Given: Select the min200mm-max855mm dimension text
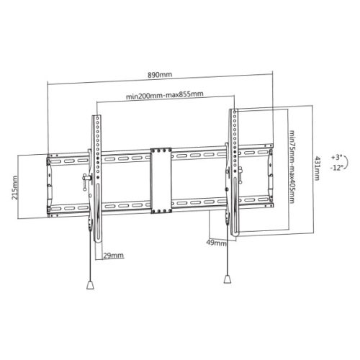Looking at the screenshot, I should click(x=164, y=95).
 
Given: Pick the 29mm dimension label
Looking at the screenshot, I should click(x=112, y=256).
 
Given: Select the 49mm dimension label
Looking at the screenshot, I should click(x=215, y=242).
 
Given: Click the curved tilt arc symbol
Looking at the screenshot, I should click(x=347, y=162).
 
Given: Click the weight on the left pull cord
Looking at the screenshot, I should click(x=89, y=284).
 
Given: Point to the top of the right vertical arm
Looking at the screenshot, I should click(x=234, y=112).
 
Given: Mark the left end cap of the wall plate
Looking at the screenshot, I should click(x=50, y=184).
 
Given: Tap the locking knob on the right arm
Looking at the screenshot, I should click(x=240, y=174).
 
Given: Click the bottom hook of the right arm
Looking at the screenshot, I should click(x=235, y=229).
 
